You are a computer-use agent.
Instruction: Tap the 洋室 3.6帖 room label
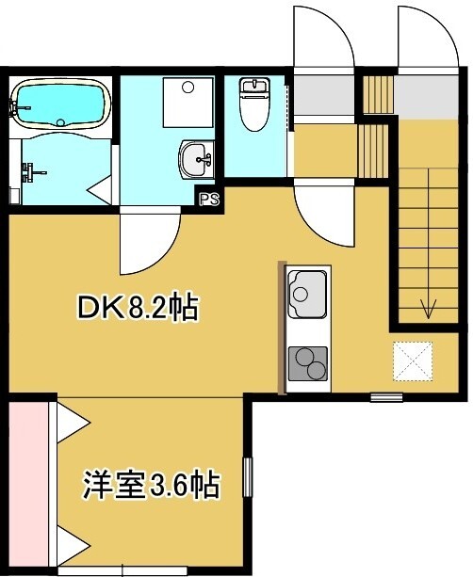tap(151, 486)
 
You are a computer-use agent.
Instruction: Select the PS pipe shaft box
tap(209, 199)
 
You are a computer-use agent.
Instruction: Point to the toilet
tap(256, 104)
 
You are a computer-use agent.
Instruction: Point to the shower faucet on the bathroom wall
tap(35, 171)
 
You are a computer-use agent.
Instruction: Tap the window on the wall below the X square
tap(385, 396)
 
